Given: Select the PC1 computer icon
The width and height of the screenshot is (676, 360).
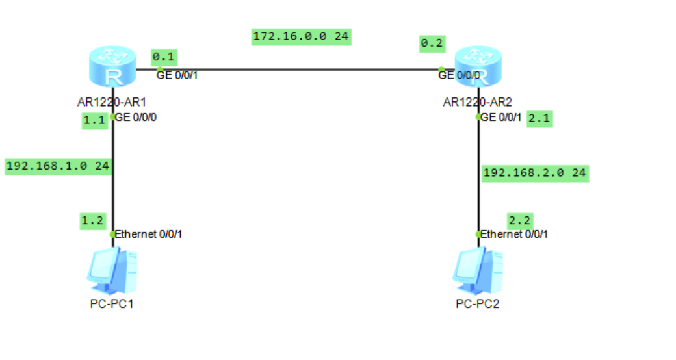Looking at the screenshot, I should point(112,270).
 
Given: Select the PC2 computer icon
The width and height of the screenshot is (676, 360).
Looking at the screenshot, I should point(478,270).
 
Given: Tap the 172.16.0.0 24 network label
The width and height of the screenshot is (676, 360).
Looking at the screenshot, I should point(301,36).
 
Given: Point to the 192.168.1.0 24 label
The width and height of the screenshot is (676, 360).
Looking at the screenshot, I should point(57,166).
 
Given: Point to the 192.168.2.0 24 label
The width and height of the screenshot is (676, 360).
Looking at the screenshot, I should point(535,173).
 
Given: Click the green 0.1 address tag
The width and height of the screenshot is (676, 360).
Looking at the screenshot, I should point(164,58).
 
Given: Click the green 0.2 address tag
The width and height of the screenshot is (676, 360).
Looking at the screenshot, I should point(432,44).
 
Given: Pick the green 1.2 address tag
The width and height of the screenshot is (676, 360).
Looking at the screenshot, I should point(92,220).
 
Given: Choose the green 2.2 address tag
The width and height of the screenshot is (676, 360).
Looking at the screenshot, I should point(519,220).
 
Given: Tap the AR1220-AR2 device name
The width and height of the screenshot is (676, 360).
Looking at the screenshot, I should point(478,102).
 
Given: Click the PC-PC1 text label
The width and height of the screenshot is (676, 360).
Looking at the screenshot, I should point(112,303).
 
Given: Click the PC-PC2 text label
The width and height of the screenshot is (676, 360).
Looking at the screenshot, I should point(478,303).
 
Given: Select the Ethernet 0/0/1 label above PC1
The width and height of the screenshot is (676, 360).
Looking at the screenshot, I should point(148,234).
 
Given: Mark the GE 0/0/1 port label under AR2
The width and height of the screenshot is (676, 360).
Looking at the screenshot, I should point(502,118).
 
